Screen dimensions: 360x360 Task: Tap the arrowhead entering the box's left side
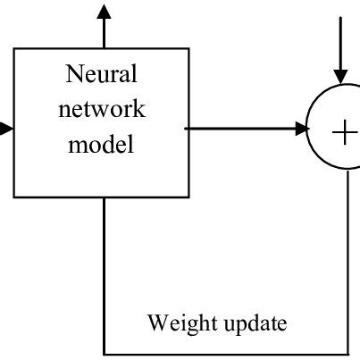coord(6,130)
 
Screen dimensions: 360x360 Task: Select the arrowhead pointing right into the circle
coord(299,130)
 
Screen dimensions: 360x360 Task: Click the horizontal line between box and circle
coord(241,130)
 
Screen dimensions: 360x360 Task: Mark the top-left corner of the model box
coord(14,49)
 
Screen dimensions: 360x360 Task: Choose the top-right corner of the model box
coord(188,49)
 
